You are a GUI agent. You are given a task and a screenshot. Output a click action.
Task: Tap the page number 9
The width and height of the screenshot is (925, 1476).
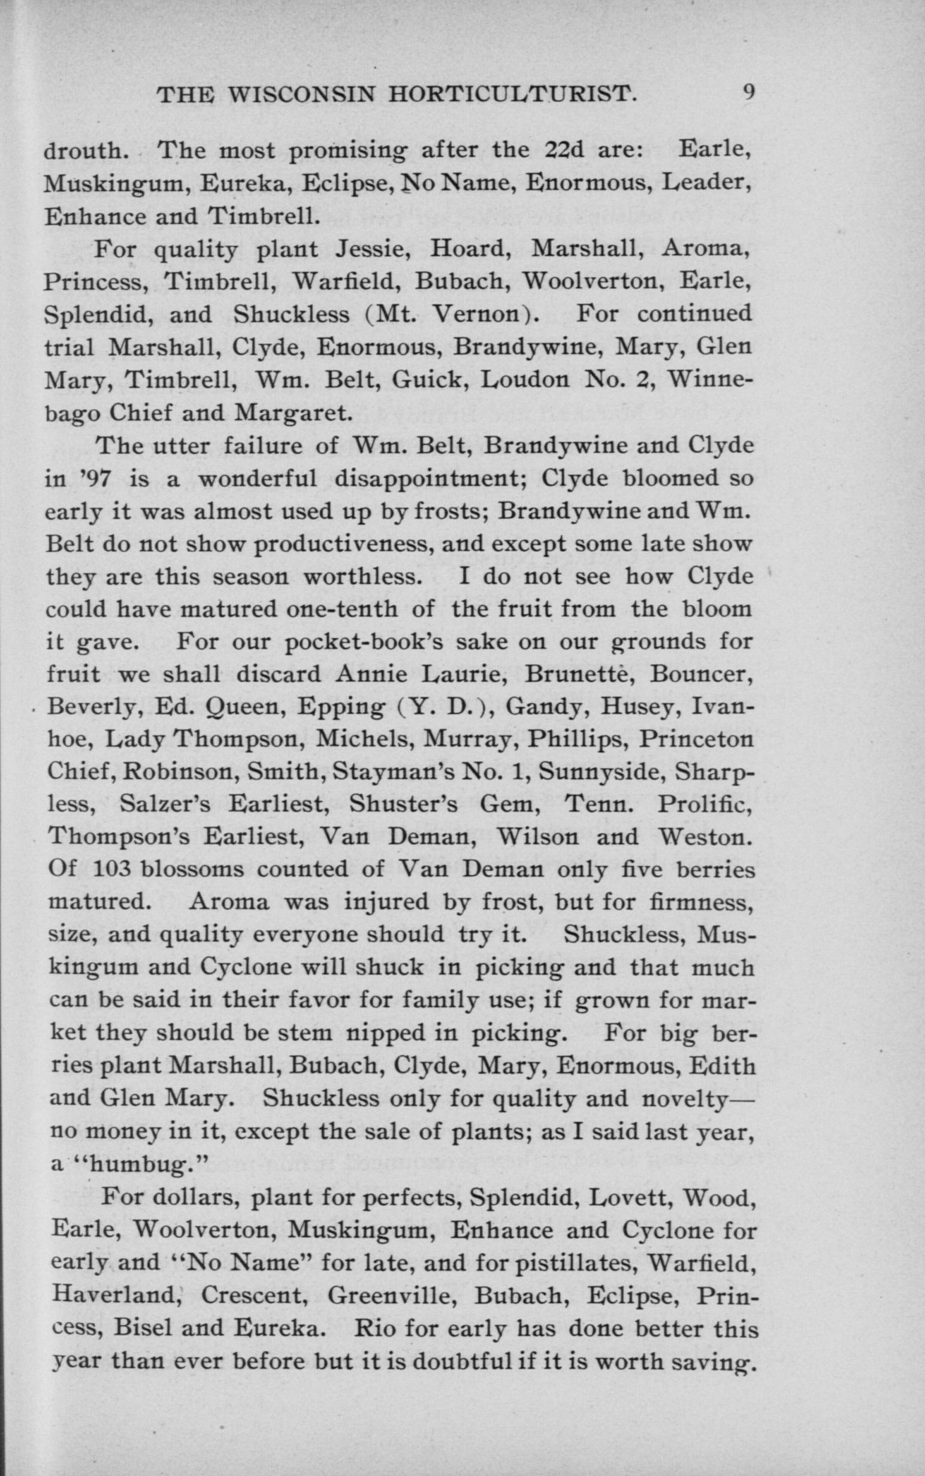tap(748, 93)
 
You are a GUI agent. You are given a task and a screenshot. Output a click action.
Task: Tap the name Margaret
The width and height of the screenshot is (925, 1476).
tap(292, 413)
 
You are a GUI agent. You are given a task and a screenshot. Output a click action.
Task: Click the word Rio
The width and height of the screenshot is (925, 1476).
tap(376, 1328)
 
